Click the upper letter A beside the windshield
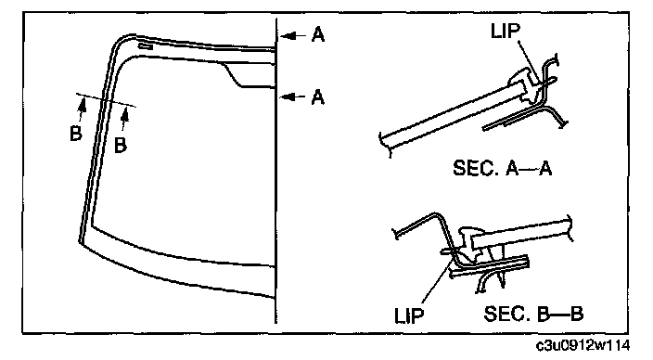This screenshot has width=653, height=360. [318, 34]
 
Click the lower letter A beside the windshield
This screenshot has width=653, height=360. [318, 97]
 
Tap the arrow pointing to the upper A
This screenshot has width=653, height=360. [293, 36]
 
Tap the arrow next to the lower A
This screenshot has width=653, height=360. [293, 97]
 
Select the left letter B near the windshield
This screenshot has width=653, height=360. [76, 134]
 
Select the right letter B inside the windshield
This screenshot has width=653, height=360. [120, 145]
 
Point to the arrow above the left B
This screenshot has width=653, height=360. [82, 109]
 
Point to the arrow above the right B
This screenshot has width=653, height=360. [123, 119]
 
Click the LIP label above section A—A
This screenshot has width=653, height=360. [506, 31]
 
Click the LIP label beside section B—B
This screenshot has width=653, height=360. [409, 315]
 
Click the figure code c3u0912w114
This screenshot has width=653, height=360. [583, 345]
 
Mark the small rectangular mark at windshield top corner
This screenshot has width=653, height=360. [146, 46]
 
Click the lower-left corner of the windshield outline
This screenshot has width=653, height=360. [79, 241]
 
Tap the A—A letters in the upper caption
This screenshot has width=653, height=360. [529, 168]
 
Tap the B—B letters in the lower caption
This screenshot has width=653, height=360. [559, 314]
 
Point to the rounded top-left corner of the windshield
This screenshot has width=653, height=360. [120, 41]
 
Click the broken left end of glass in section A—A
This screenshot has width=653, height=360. [385, 144]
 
